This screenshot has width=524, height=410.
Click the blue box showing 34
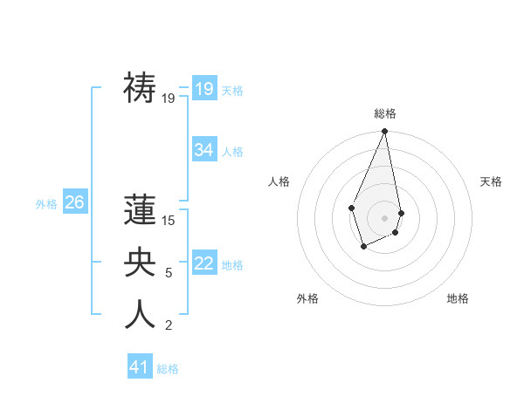[204, 150]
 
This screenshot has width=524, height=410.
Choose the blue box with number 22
[204, 263]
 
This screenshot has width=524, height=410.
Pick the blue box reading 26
[74, 203]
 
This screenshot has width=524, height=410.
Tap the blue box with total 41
[140, 367]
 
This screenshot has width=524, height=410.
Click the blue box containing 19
[204, 89]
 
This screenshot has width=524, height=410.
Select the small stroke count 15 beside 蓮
[169, 221]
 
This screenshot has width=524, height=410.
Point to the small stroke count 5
[169, 273]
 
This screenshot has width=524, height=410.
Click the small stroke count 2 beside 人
[169, 325]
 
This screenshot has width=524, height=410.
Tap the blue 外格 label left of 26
[46, 204]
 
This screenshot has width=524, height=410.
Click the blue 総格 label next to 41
[168, 369]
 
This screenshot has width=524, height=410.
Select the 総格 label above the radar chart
[384, 113]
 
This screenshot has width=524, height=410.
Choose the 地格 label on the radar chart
[458, 298]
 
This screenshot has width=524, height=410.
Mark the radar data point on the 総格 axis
[384, 132]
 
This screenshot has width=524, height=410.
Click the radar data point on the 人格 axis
[351, 208]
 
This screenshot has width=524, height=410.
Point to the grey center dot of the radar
[384, 217]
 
